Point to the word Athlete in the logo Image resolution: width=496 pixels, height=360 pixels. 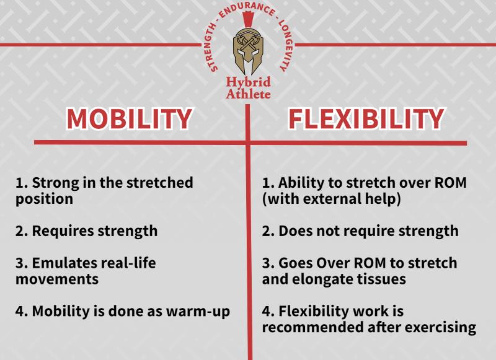[248, 94]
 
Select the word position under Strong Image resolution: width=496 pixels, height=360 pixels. [44, 199]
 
